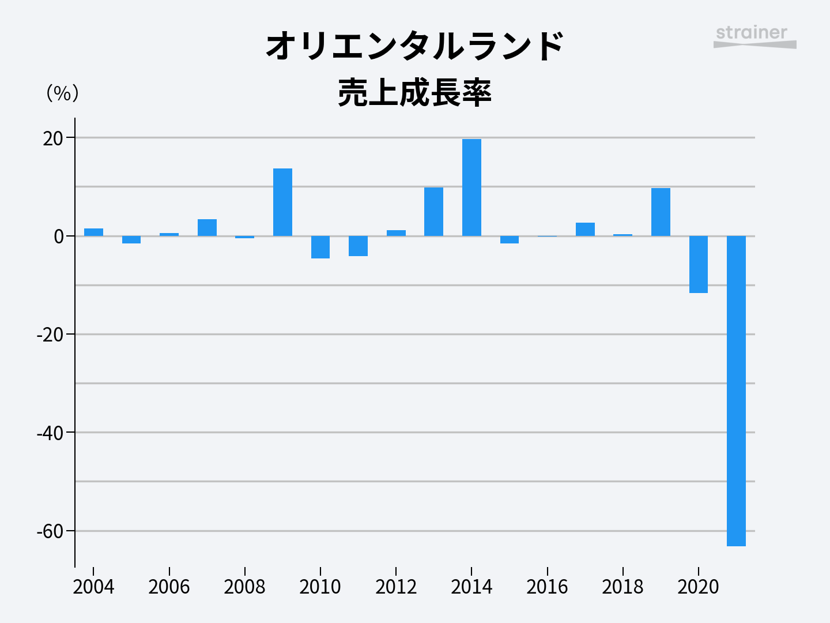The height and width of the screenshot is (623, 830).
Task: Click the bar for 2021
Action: click(x=736, y=391)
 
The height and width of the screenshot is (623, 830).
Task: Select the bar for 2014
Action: click(x=471, y=187)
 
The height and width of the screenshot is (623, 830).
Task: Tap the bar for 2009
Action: click(x=282, y=202)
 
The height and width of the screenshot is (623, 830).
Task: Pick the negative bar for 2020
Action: click(x=698, y=264)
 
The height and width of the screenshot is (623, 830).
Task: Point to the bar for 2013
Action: click(x=433, y=212)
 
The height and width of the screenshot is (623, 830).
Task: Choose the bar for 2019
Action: click(x=661, y=212)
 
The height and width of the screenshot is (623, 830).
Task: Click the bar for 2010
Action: click(x=320, y=247)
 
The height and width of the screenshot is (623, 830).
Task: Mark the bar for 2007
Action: click(x=207, y=227)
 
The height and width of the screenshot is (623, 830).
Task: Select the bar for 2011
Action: click(x=358, y=246)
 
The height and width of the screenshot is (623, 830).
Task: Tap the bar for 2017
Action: click(x=585, y=229)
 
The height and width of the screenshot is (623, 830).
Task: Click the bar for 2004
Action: click(x=93, y=232)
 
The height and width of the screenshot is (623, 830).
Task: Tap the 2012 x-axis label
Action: click(x=396, y=587)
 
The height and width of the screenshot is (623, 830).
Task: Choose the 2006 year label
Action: click(x=169, y=587)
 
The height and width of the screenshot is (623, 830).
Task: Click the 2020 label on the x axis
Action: click(x=698, y=587)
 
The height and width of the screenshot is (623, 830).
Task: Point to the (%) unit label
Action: click(x=62, y=93)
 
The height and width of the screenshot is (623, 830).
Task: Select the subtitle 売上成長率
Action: click(x=414, y=93)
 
